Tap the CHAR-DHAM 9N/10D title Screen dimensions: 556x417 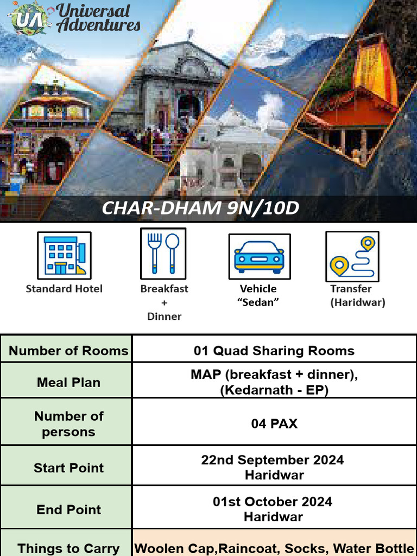coord(200,208)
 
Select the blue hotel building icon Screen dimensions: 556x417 coord(64,255)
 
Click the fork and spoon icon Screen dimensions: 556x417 coord(163,254)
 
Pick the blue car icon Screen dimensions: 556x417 coord(259,256)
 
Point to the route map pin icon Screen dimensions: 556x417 coord(352,256)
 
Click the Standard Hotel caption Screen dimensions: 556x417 coord(64,289)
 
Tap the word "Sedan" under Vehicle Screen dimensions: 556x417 coord(258,302)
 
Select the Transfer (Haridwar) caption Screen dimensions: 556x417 coord(357,296)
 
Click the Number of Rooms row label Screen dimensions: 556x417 coord(68,351)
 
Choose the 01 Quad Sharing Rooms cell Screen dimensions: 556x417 coord(274,351)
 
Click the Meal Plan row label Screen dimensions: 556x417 coord(68,382)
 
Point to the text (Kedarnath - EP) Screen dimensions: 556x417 coord(274,390)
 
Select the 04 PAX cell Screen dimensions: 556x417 coord(274,424)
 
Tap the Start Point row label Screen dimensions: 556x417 coord(68,468)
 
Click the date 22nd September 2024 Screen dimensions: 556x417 coord(273,460)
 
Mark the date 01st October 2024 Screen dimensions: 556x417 coord(273,502)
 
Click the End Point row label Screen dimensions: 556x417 coord(68,510)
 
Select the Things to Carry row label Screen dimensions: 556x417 coord(68,548)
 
